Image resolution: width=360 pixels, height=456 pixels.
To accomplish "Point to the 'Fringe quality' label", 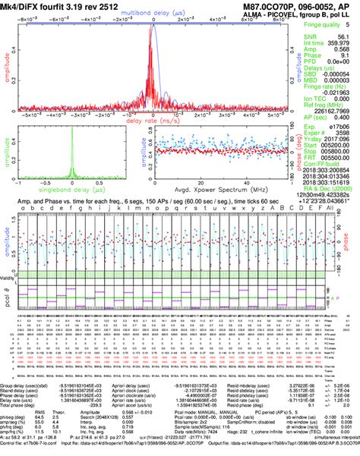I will coord(324,24).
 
